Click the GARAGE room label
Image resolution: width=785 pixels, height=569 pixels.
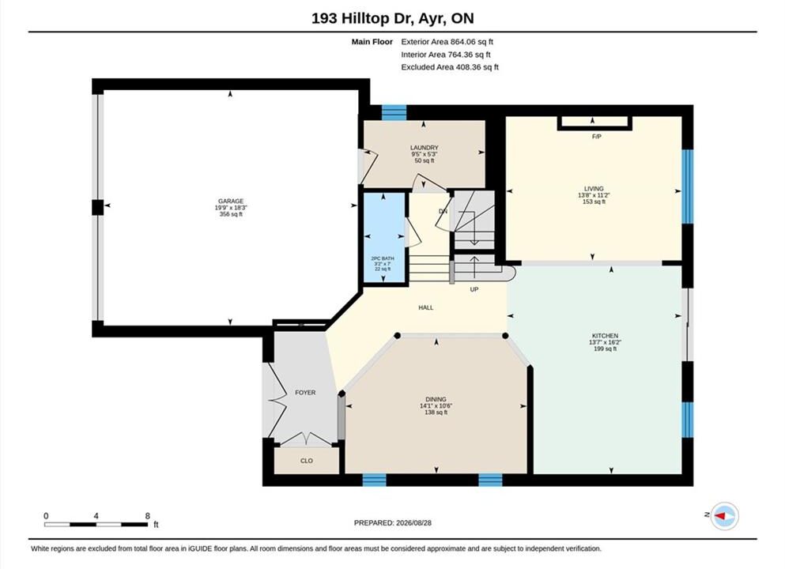(x=231, y=202)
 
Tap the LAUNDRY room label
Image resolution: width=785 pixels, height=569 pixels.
(x=424, y=148)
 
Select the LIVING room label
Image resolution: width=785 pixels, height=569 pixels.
(x=594, y=189)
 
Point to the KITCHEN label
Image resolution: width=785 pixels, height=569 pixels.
(x=605, y=336)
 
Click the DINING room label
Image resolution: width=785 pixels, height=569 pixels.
(x=436, y=399)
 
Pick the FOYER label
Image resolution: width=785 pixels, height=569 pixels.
(x=305, y=393)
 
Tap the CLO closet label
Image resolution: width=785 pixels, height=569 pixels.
(x=307, y=461)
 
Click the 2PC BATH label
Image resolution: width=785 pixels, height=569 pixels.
(x=383, y=258)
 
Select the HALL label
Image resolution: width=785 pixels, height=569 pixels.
(x=426, y=307)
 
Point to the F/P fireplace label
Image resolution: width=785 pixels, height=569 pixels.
(x=596, y=137)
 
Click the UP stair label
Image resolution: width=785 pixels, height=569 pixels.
(x=474, y=290)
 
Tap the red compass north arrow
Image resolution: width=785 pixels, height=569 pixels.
(x=722, y=515)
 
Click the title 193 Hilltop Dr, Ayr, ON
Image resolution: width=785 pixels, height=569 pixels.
(x=392, y=18)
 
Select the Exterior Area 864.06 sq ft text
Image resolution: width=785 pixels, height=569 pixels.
(x=447, y=42)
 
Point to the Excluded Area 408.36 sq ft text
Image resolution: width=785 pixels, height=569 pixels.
(x=450, y=67)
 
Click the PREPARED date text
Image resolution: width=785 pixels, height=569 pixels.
(x=392, y=523)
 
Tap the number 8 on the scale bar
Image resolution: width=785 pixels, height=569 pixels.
(x=147, y=516)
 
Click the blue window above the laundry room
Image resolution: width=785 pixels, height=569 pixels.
(x=394, y=112)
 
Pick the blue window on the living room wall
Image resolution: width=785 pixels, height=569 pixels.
(x=688, y=187)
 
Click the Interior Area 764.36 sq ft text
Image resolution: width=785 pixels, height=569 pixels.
(x=446, y=55)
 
